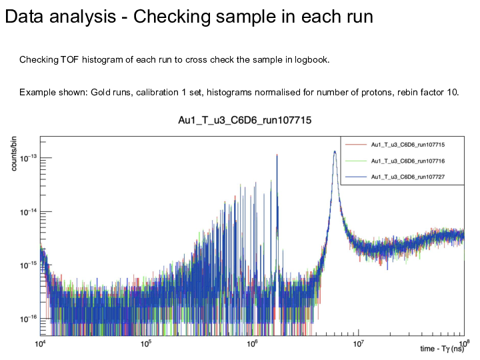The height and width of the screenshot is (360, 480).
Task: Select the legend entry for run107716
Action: (407, 161)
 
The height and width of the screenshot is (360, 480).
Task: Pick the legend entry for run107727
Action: (407, 177)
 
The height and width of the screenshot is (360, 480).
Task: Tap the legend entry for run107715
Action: (407, 144)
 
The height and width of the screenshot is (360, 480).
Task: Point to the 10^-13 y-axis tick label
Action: (27, 159)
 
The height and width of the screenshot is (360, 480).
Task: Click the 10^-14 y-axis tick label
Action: (27, 212)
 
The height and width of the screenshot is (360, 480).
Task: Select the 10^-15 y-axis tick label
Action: (27, 265)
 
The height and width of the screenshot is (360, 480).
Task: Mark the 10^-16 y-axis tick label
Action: (27, 319)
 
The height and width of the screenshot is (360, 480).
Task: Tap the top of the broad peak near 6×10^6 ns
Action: (335, 151)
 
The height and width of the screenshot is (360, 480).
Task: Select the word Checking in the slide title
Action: (172, 17)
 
